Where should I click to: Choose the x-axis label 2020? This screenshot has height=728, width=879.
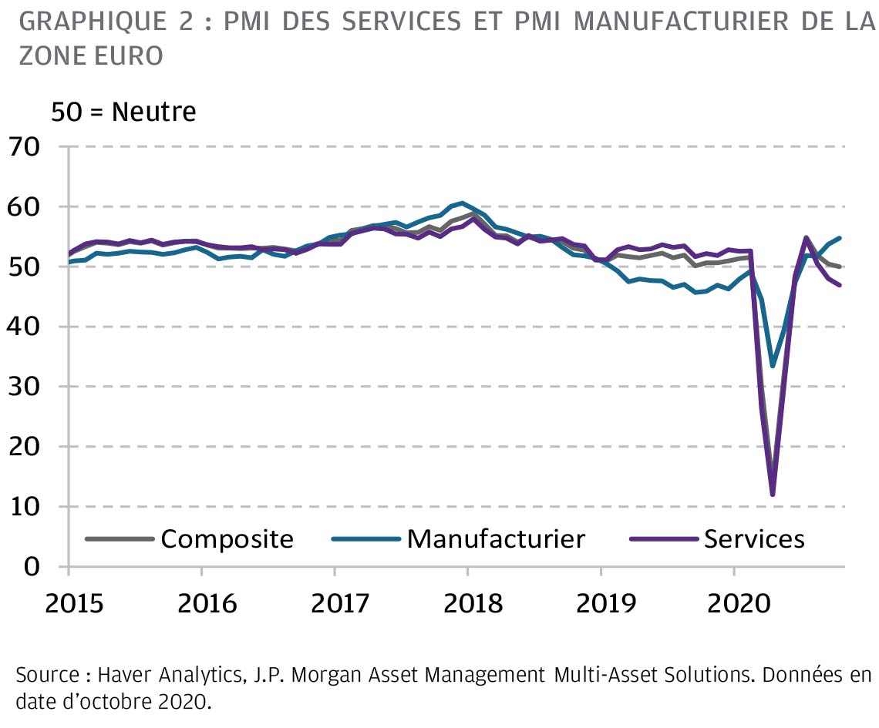[x=732, y=602]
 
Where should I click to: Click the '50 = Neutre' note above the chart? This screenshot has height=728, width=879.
[x=123, y=112]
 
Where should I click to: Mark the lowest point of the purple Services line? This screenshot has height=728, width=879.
[x=772, y=494]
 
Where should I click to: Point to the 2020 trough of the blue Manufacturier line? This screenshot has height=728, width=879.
[x=773, y=365]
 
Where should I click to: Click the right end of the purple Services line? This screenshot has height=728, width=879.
[x=839, y=285]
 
